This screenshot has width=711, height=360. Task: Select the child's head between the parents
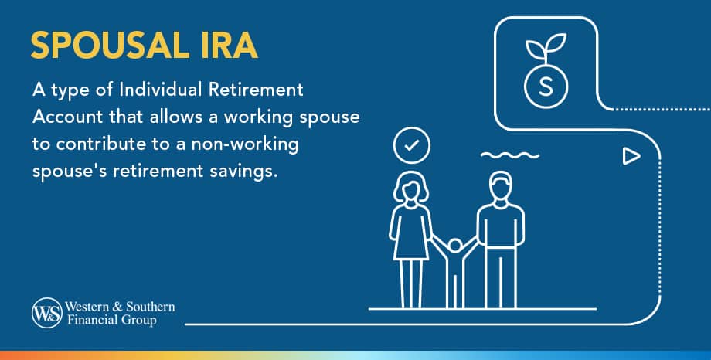coord(454,246)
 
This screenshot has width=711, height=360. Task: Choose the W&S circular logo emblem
coord(43,313)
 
